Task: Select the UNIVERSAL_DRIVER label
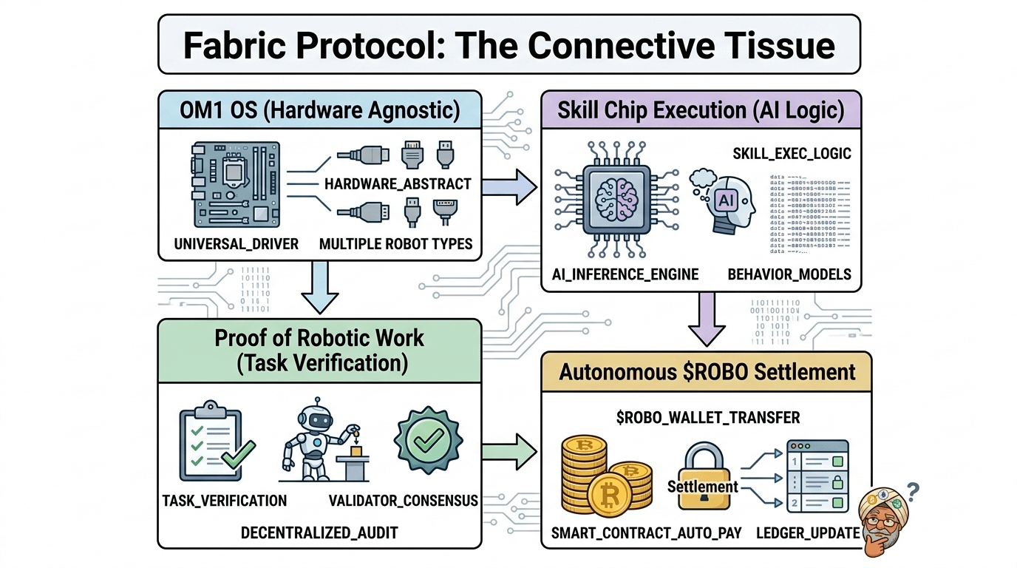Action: (x=237, y=243)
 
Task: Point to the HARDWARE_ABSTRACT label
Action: (x=398, y=183)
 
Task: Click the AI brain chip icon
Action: (x=615, y=200)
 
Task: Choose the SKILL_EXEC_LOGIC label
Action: (x=792, y=154)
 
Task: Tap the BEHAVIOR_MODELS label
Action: (x=789, y=274)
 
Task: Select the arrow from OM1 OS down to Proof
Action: (x=318, y=289)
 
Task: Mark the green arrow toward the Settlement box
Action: (x=510, y=448)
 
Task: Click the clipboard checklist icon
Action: (x=212, y=446)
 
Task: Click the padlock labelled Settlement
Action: (x=703, y=479)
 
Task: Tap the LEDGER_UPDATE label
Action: (x=807, y=533)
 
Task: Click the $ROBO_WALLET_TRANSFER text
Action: (x=707, y=418)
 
